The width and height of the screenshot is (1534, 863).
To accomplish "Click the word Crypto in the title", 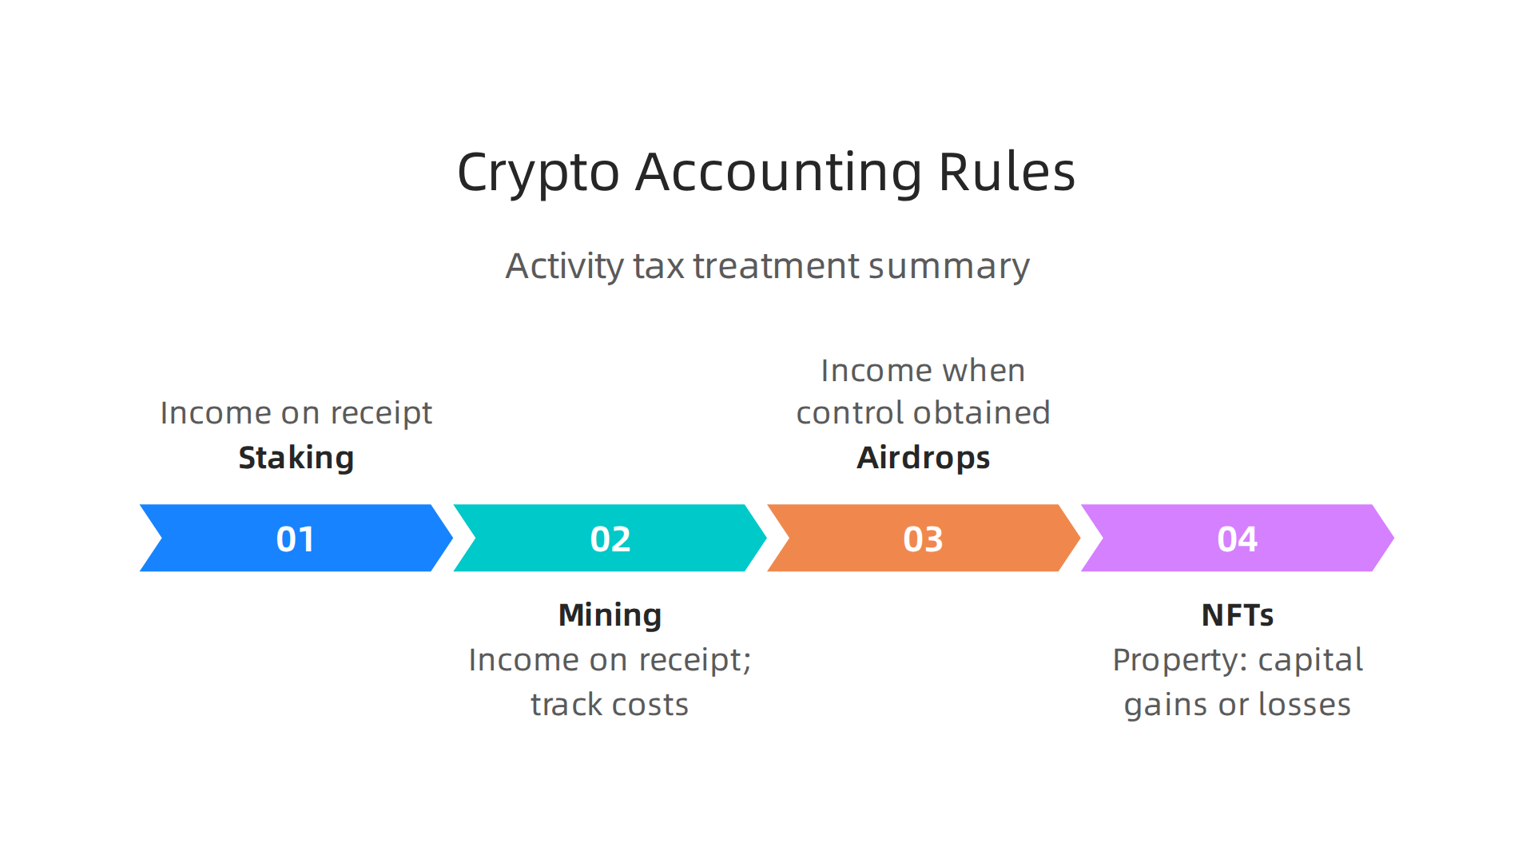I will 538,173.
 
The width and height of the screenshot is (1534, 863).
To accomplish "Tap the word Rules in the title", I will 1007,173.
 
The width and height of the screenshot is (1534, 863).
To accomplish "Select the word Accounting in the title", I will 778,173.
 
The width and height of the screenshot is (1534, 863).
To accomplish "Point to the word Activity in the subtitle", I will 565,267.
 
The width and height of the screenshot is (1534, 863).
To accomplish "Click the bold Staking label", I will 296,458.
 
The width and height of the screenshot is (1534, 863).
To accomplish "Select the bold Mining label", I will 610,615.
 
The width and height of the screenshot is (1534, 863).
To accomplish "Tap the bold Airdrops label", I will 923,458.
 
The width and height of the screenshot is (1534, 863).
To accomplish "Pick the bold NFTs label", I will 1237,615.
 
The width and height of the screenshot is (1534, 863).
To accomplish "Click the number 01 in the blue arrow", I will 296,539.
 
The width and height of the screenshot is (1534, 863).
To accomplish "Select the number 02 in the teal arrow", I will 610,539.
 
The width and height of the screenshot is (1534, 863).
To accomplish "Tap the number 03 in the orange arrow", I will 923,539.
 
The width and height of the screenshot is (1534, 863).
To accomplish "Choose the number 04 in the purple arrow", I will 1237,539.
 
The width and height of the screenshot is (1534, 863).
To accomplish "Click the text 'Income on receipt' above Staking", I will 296,413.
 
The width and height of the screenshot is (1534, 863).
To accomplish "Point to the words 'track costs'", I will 610,705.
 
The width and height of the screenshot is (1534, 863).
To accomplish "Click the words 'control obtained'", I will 923,413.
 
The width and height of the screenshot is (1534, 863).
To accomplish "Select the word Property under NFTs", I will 1179,661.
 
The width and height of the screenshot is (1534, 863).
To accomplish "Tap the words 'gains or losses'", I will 1237,705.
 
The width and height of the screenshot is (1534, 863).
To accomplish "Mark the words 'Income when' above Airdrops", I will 923,371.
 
